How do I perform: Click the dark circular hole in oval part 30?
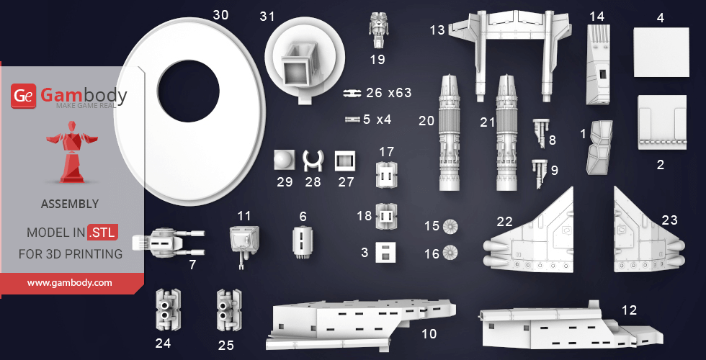(x=188, y=91)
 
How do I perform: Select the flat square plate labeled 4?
(x=661, y=52)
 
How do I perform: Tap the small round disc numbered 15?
(x=450, y=226)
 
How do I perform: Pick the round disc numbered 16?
(x=450, y=253)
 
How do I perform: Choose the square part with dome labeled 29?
(x=285, y=160)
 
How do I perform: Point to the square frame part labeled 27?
(x=345, y=161)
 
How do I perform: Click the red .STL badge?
(x=103, y=233)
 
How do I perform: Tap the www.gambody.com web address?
(x=69, y=283)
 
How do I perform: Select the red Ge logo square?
(x=23, y=96)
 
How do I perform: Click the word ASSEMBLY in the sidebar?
(x=70, y=204)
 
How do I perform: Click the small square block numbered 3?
(x=385, y=253)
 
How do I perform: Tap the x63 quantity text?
(x=400, y=93)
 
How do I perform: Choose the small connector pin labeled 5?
(x=353, y=120)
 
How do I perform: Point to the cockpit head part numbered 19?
(x=377, y=30)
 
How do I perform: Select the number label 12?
(x=629, y=310)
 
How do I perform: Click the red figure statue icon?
(x=72, y=152)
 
